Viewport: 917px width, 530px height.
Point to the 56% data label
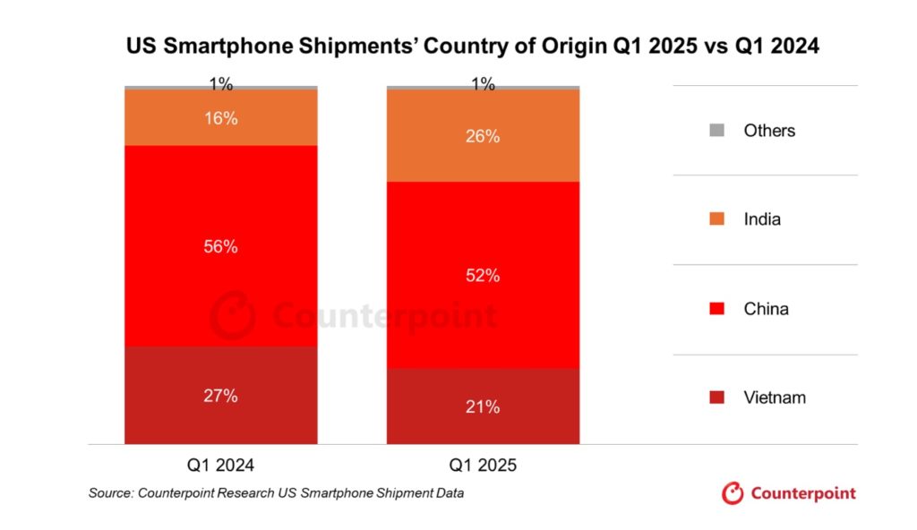click(220, 247)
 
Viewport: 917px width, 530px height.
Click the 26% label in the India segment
click(483, 137)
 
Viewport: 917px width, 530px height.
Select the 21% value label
click(483, 406)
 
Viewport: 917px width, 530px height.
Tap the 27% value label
click(220, 395)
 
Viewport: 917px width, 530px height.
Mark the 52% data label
click(483, 276)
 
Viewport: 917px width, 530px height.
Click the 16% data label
click(220, 118)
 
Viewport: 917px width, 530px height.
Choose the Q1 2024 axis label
click(220, 466)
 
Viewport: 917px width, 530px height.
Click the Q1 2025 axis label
click(483, 466)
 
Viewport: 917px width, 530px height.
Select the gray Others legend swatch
click(716, 131)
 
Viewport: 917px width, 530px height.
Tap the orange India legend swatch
click(716, 219)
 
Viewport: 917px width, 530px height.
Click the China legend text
click(766, 309)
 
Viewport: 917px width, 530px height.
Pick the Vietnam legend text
click(775, 397)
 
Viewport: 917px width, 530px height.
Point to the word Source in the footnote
click(110, 493)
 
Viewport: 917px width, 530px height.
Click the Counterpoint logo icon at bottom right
click(733, 493)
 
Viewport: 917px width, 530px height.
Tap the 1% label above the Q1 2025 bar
click(483, 84)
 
